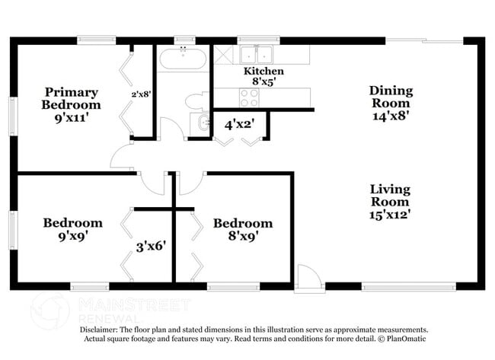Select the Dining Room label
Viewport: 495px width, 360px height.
pyautogui.click(x=391, y=104)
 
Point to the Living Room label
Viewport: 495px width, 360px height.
pyautogui.click(x=390, y=202)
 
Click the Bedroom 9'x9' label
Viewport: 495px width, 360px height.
pyautogui.click(x=72, y=228)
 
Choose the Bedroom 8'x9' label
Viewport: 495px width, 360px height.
pyautogui.click(x=242, y=229)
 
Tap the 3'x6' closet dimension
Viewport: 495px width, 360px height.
pyautogui.click(x=151, y=246)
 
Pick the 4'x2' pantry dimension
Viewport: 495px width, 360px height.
pyautogui.click(x=239, y=123)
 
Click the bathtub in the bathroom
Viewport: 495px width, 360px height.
pyautogui.click(x=183, y=59)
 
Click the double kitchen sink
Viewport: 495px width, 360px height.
pyautogui.click(x=257, y=54)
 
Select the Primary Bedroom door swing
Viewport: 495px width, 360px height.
pyautogui.click(x=122, y=158)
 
